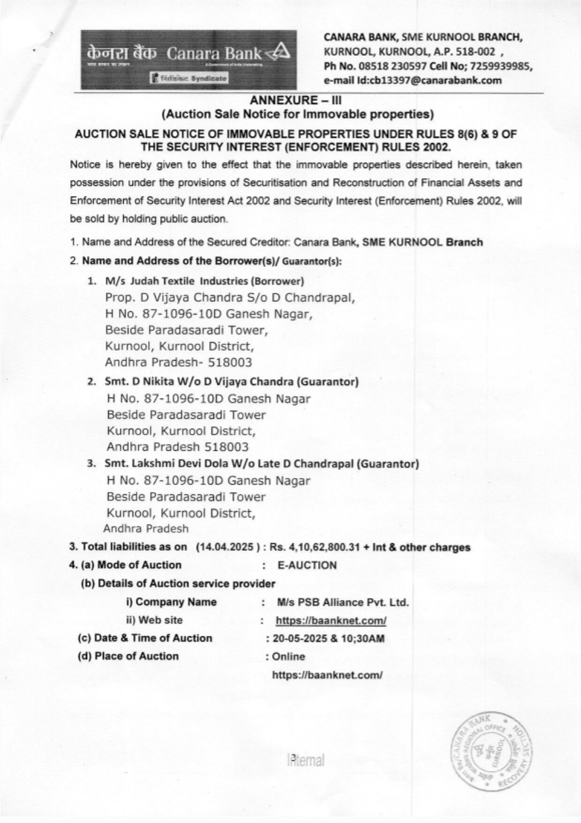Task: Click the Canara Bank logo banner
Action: (189, 59)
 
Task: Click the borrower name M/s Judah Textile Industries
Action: (176, 282)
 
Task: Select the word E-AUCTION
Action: (307, 565)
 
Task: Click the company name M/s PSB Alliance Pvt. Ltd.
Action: (343, 602)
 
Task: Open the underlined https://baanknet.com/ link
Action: (331, 621)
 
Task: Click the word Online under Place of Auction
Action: (288, 657)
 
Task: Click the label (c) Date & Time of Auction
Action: (145, 638)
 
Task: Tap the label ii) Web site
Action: (154, 620)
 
